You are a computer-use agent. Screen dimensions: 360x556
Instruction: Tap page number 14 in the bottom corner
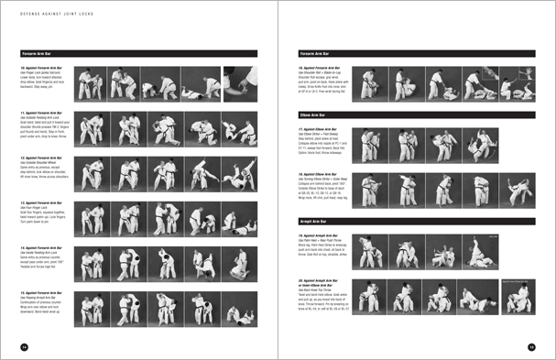pyautogui.click(x=25, y=346)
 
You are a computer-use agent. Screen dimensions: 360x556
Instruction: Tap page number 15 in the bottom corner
pyautogui.click(x=530, y=346)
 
